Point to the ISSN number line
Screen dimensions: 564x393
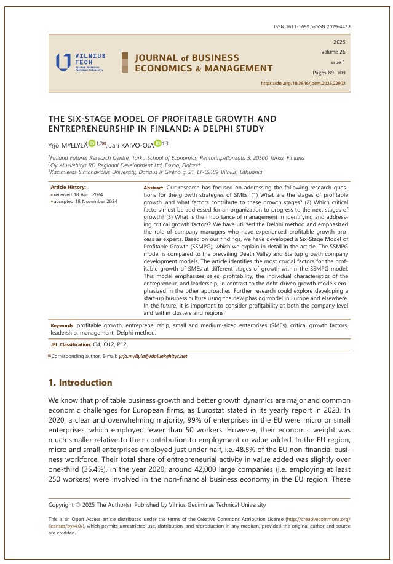pyautogui.click(x=311, y=26)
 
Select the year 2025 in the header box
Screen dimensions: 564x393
pyautogui.click(x=339, y=42)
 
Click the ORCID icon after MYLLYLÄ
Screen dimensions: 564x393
pyautogui.click(x=92, y=143)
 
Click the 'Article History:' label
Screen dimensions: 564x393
pyautogui.click(x=68, y=186)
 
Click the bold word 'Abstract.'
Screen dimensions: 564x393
pyautogui.click(x=154, y=186)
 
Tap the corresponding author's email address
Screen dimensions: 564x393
pyautogui.click(x=153, y=356)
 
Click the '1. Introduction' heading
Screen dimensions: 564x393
pyautogui.click(x=80, y=383)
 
